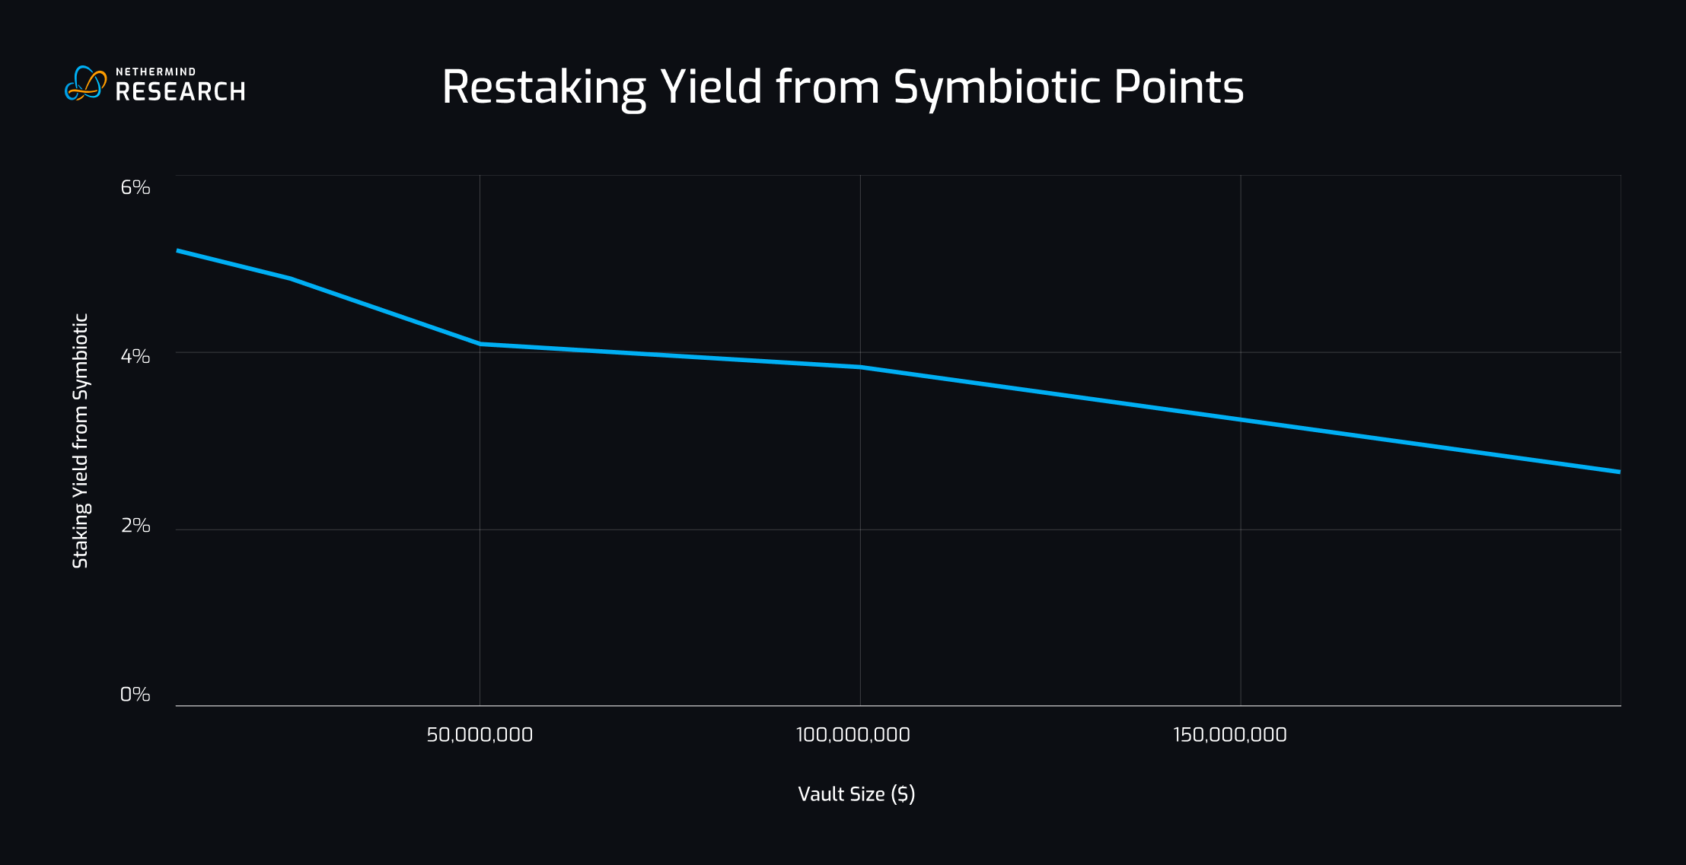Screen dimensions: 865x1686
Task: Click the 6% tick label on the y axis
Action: pyautogui.click(x=135, y=187)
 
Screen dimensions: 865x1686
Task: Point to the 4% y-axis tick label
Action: pyautogui.click(x=135, y=356)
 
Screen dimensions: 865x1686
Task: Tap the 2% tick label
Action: pyautogui.click(x=135, y=526)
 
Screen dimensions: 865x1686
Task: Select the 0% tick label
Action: pyautogui.click(x=135, y=695)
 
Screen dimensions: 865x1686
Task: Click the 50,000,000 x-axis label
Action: pyautogui.click(x=480, y=735)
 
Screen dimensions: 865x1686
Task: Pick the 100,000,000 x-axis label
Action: pyautogui.click(x=853, y=735)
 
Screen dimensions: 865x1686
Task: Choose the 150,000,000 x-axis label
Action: pyautogui.click(x=1229, y=735)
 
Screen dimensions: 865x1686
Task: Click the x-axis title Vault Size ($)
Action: pyautogui.click(x=856, y=794)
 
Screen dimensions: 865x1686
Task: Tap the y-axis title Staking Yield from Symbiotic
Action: pyautogui.click(x=81, y=440)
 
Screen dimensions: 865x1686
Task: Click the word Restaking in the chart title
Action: pyautogui.click(x=543, y=87)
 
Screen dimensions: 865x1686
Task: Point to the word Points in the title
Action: pyautogui.click(x=1178, y=87)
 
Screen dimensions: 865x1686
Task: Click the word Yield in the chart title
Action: pyautogui.click(x=711, y=87)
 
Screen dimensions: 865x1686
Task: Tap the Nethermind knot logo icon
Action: pyautogui.click(x=85, y=84)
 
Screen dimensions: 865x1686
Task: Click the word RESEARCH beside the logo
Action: pyautogui.click(x=180, y=92)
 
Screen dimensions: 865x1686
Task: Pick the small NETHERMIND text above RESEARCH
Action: pyautogui.click(x=156, y=72)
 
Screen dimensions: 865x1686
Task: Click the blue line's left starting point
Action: pyautogui.click(x=178, y=250)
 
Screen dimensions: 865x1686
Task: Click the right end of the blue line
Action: pyautogui.click(x=1619, y=472)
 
